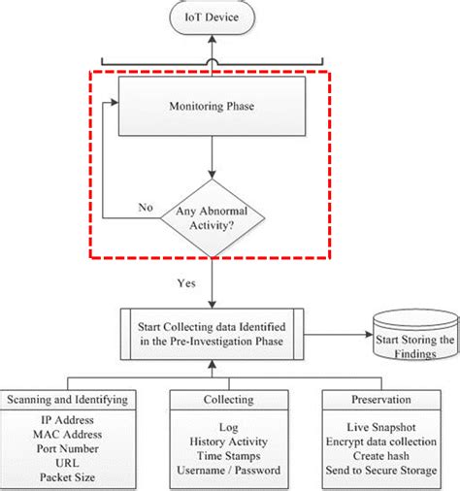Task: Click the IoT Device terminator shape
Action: click(213, 17)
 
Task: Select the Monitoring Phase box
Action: click(212, 106)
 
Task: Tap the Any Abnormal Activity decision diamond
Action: click(213, 218)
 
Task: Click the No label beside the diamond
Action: click(146, 208)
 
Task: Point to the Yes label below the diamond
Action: click(186, 283)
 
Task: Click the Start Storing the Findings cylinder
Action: click(415, 335)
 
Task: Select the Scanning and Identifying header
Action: click(68, 400)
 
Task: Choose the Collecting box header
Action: click(229, 400)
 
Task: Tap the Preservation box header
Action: click(381, 400)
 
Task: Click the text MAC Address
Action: click(68, 435)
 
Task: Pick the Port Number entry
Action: click(68, 448)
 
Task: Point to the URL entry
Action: click(67, 463)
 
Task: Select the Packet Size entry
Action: click(68, 477)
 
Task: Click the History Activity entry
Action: click(229, 442)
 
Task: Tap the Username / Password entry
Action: click(229, 470)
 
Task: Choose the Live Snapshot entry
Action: click(381, 427)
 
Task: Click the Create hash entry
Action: click(381, 456)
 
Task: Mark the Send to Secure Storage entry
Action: click(381, 470)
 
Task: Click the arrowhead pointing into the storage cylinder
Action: click(369, 335)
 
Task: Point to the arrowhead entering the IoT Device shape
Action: click(213, 39)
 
